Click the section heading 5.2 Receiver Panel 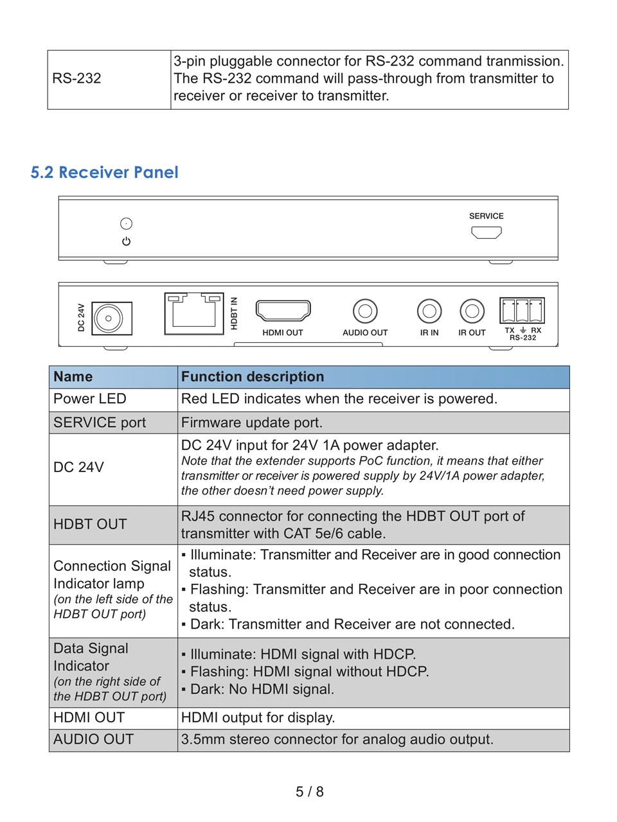tap(104, 172)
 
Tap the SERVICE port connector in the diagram tap(487, 232)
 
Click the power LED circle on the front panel tap(126, 223)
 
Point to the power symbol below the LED tap(126, 241)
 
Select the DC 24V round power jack tap(109, 318)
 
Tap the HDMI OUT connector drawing tap(283, 310)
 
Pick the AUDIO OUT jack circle tap(365, 311)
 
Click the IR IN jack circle tap(429, 311)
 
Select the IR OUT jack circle tap(472, 311)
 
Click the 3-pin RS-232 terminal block tap(522, 311)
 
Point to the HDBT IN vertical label tap(234, 313)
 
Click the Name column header tap(73, 377)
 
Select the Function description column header tap(253, 377)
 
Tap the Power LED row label tap(90, 399)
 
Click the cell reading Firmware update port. tap(252, 423)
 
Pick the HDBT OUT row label tap(90, 524)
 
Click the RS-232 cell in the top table tap(77, 78)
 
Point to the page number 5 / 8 tap(309, 792)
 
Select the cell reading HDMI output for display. tap(258, 717)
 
